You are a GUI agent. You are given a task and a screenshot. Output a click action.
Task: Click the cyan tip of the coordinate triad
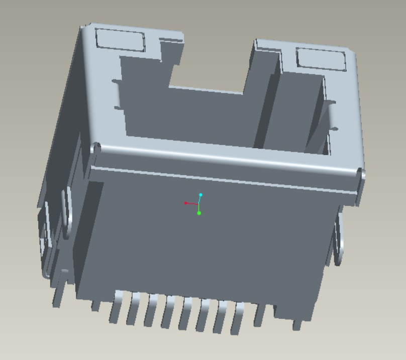(x=200, y=194)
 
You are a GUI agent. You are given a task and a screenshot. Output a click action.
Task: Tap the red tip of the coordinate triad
(x=186, y=203)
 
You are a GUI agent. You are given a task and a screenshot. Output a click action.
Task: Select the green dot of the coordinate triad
(x=199, y=213)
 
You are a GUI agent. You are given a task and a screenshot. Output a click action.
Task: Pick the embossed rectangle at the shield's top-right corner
(x=321, y=59)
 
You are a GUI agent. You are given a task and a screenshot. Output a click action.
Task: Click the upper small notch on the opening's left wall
(x=117, y=81)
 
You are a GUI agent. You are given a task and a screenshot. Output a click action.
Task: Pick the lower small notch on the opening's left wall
(x=119, y=107)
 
